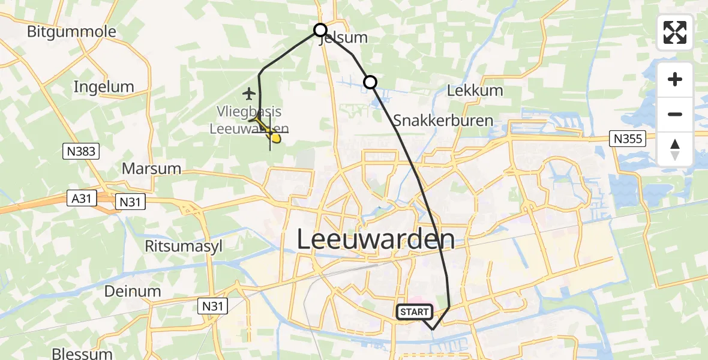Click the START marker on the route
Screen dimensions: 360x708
click(x=414, y=312)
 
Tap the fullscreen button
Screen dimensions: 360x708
click(x=675, y=32)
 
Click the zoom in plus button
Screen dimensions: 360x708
click(x=675, y=79)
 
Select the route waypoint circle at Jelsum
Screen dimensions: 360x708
click(x=320, y=30)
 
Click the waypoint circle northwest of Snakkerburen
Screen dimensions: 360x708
click(x=370, y=82)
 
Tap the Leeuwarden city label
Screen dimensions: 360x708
click(x=376, y=240)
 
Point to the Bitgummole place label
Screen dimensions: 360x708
click(x=71, y=31)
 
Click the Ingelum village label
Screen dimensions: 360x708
click(x=104, y=86)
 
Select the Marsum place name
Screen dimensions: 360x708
click(x=151, y=168)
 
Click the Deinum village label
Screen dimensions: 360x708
click(x=133, y=292)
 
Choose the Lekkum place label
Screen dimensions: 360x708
click(x=475, y=91)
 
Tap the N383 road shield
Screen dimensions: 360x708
click(x=80, y=151)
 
